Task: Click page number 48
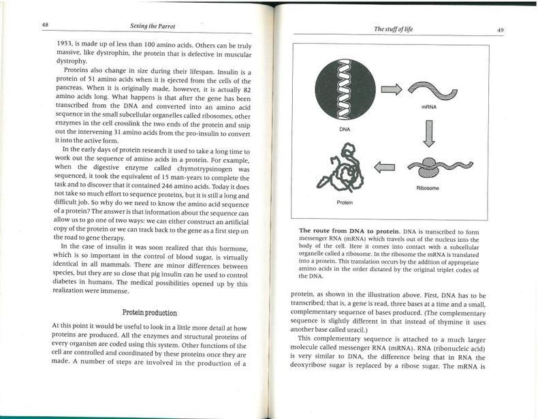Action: pos(45,25)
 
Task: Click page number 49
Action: pos(500,30)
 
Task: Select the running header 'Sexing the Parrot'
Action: pos(148,25)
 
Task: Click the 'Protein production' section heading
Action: pos(149,313)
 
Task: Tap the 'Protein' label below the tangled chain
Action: pos(345,202)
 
